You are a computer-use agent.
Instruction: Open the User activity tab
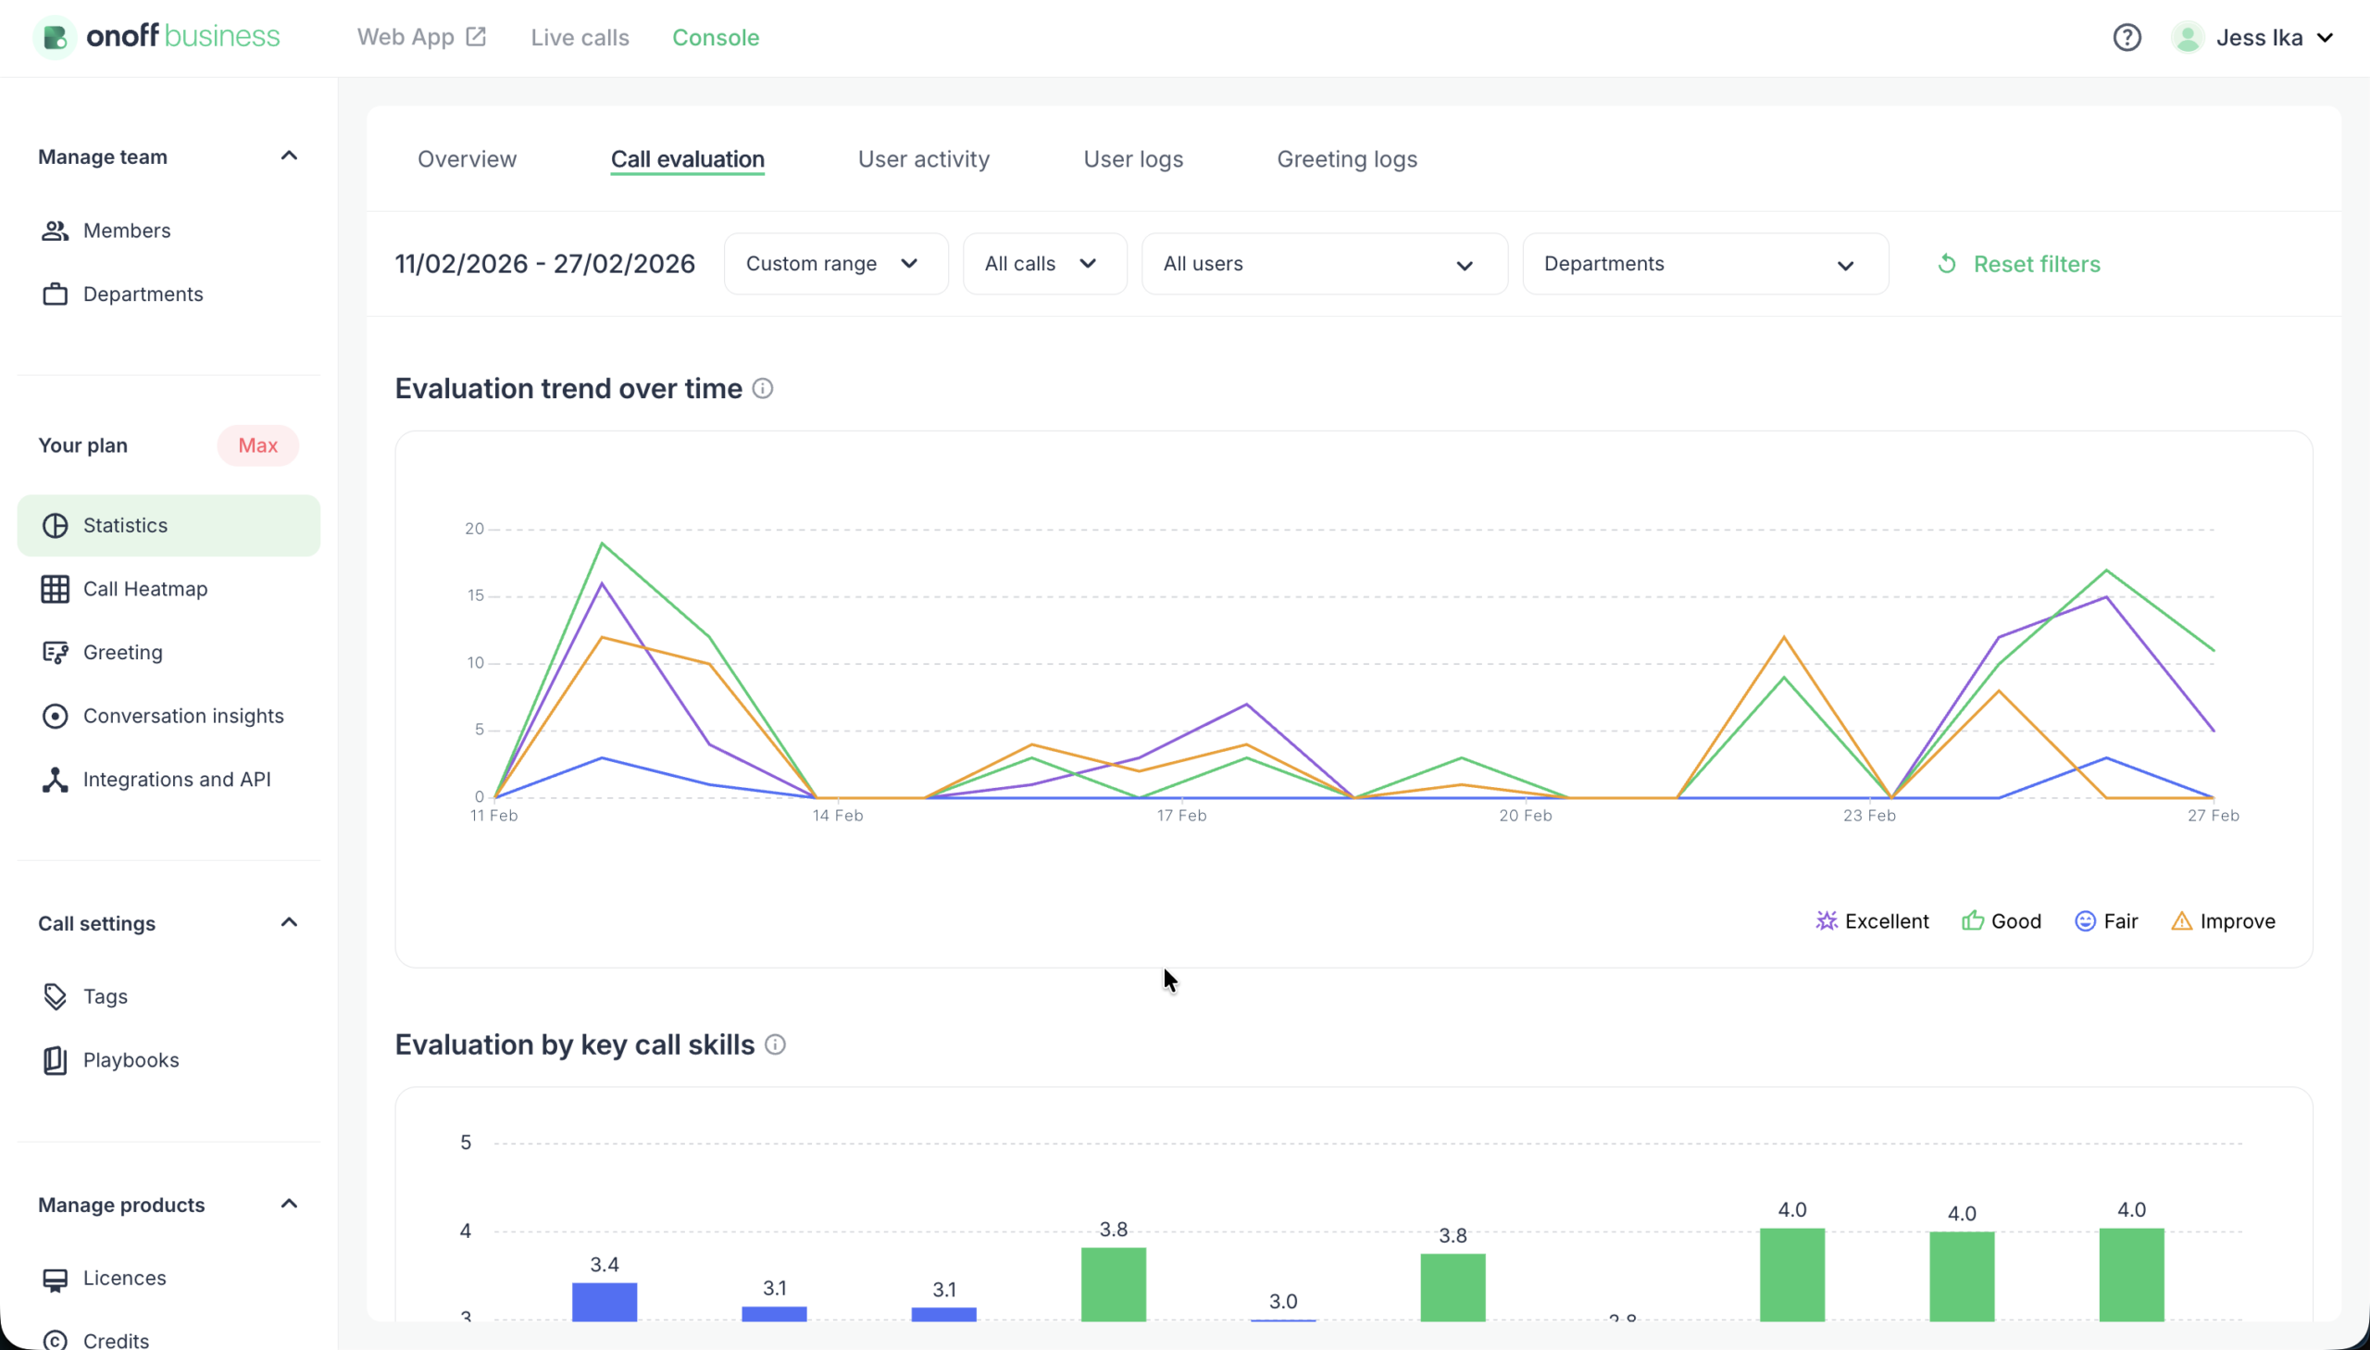pyautogui.click(x=923, y=159)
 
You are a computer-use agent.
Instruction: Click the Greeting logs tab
pyautogui.click(x=1346, y=159)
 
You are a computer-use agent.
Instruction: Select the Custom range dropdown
pyautogui.click(x=834, y=264)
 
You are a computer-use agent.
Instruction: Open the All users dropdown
pyautogui.click(x=1323, y=264)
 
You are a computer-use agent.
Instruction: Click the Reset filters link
pyautogui.click(x=2018, y=264)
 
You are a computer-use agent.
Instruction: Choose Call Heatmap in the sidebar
pyautogui.click(x=144, y=589)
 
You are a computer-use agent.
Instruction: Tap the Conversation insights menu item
pyautogui.click(x=182, y=716)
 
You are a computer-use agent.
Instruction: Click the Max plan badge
pyautogui.click(x=257, y=446)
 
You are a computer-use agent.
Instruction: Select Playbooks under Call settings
pyautogui.click(x=131, y=1060)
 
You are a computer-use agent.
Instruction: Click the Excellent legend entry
pyautogui.click(x=1872, y=920)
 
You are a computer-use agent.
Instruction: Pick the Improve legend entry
pyautogui.click(x=2223, y=920)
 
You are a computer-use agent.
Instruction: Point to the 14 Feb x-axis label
pyautogui.click(x=837, y=815)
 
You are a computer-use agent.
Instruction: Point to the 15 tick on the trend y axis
pyautogui.click(x=476, y=595)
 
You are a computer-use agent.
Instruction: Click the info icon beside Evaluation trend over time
pyautogui.click(x=762, y=389)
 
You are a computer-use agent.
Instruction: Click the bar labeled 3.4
pyautogui.click(x=605, y=1300)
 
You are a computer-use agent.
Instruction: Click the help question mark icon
pyautogui.click(x=2127, y=38)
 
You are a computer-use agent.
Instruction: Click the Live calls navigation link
pyautogui.click(x=580, y=38)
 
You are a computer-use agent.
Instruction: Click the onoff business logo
pyautogui.click(x=157, y=37)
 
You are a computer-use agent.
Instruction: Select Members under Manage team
pyautogui.click(x=126, y=231)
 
